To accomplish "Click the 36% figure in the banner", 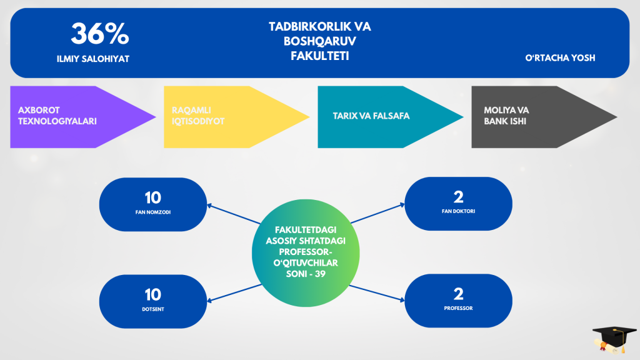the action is point(100,33).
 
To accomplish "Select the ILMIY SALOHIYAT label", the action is point(93,59).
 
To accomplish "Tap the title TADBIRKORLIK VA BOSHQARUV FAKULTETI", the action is point(319,41).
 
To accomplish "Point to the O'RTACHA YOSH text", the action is point(560,58).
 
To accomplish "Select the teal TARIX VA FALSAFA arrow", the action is point(391,117).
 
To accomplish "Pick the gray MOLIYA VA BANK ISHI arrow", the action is point(544,117).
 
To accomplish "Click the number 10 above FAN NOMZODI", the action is point(153,198).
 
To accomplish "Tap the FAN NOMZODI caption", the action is point(153,212).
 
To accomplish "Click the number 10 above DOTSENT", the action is point(153,295).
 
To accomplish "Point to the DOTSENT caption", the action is point(153,309).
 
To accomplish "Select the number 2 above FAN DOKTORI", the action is point(458,197).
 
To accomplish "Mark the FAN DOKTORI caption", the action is point(458,211).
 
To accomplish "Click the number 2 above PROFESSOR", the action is point(458,294).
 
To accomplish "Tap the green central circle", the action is point(306,253).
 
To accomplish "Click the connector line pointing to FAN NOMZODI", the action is point(234,214).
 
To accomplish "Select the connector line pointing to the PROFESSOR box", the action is point(377,294).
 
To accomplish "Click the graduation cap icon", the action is point(614,339).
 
